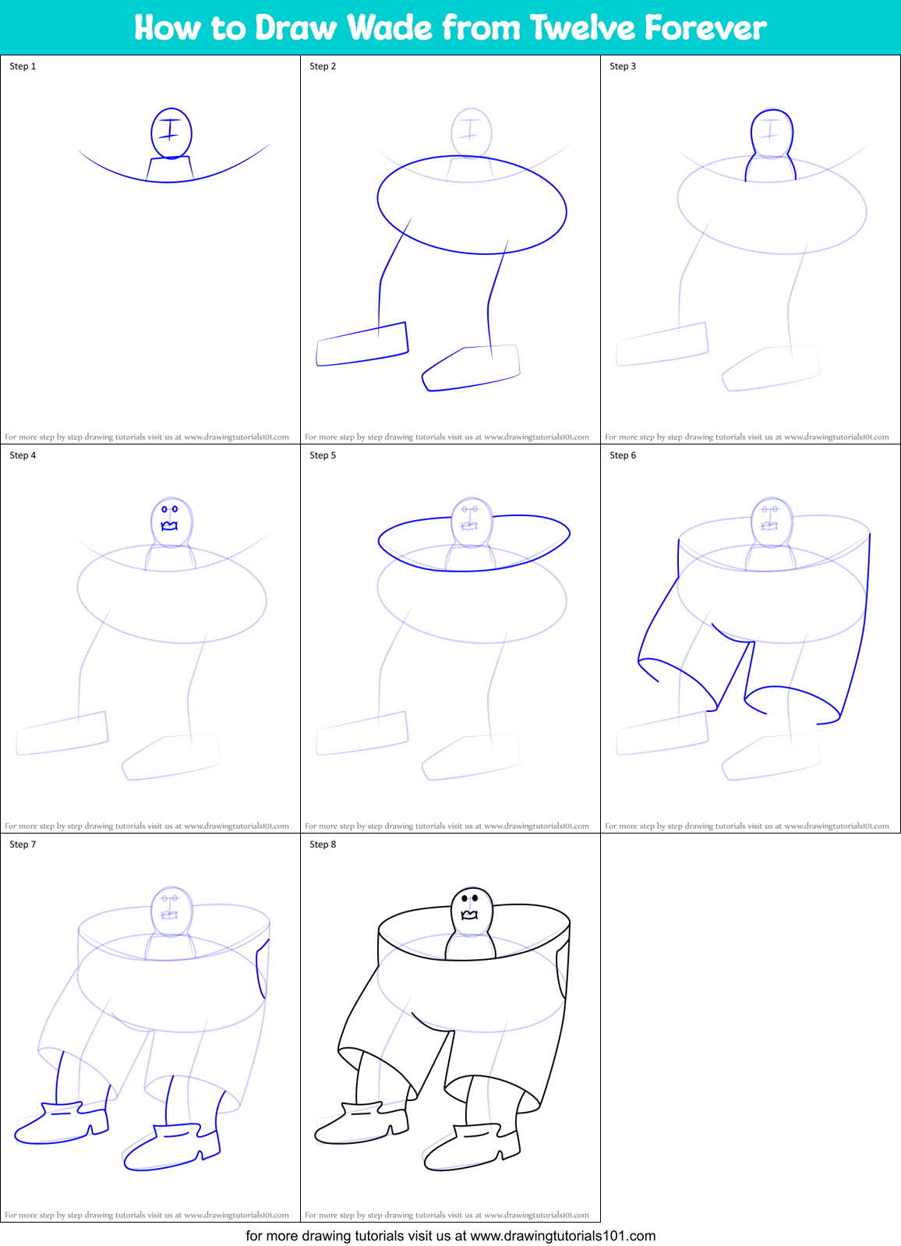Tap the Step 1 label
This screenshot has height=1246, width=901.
pyautogui.click(x=23, y=66)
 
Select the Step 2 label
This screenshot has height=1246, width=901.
pyautogui.click(x=323, y=66)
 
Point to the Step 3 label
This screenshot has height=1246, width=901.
pyautogui.click(x=622, y=66)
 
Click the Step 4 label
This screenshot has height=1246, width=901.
pyautogui.click(x=23, y=455)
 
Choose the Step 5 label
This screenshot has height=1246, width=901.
pyautogui.click(x=323, y=455)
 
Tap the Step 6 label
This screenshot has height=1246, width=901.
pyautogui.click(x=622, y=455)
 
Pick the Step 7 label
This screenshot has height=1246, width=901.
pyautogui.click(x=23, y=844)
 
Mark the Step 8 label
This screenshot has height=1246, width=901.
pyautogui.click(x=323, y=844)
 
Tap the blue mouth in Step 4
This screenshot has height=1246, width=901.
pyautogui.click(x=169, y=526)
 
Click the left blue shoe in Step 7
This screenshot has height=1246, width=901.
pyautogui.click(x=62, y=1124)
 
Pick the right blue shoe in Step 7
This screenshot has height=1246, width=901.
pyautogui.click(x=171, y=1148)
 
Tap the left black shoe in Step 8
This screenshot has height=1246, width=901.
pyautogui.click(x=362, y=1124)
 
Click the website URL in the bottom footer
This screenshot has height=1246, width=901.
pyautogui.click(x=563, y=1235)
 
